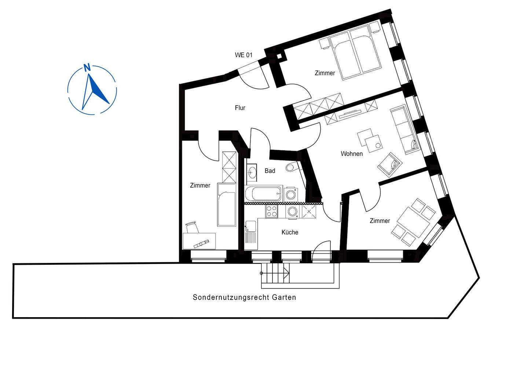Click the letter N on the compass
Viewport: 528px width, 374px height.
click(87, 67)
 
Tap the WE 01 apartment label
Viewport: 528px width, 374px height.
click(243, 55)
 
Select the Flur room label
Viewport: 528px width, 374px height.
click(240, 108)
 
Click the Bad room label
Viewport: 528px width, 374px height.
click(270, 171)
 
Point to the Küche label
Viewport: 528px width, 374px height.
click(290, 232)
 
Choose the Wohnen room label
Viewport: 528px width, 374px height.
click(352, 154)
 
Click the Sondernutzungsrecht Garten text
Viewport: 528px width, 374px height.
click(244, 297)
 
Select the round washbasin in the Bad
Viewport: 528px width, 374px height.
click(252, 172)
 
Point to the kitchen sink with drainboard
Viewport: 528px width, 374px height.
click(251, 232)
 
